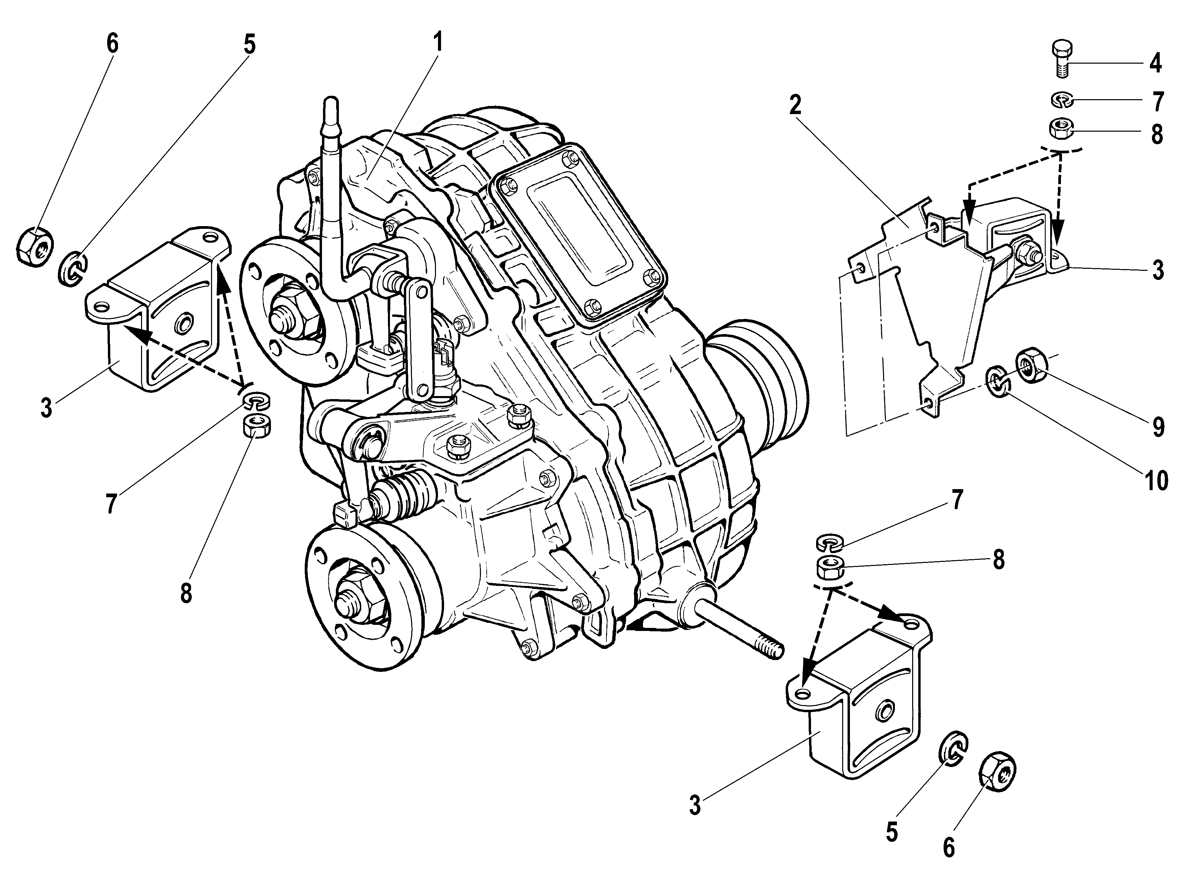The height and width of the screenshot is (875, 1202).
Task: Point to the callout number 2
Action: [795, 106]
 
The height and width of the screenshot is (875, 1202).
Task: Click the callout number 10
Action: [1156, 480]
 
